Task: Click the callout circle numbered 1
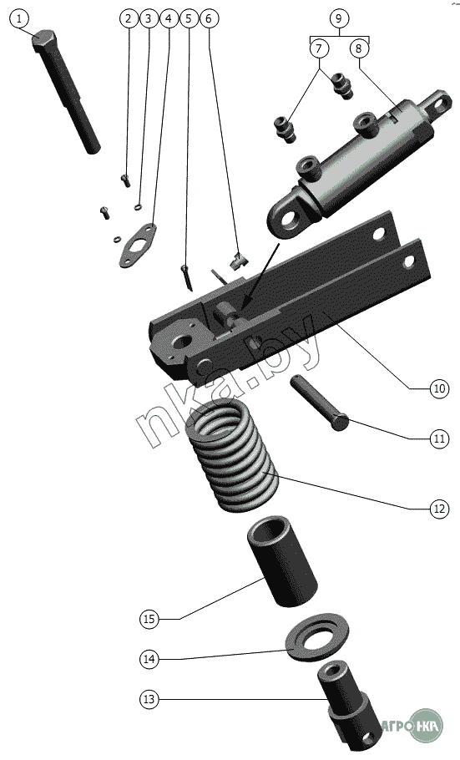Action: point(19,19)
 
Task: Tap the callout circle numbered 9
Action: point(339,18)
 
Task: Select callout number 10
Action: point(439,388)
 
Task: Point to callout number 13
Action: point(149,699)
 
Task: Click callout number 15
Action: point(149,619)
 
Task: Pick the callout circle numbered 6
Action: point(209,18)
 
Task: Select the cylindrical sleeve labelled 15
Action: point(282,560)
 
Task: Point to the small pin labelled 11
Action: point(320,403)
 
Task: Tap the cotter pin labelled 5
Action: point(187,278)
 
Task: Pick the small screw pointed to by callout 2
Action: point(125,180)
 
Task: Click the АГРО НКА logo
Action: point(413,726)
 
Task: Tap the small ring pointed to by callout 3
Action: point(138,207)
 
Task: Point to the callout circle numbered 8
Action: point(359,48)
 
